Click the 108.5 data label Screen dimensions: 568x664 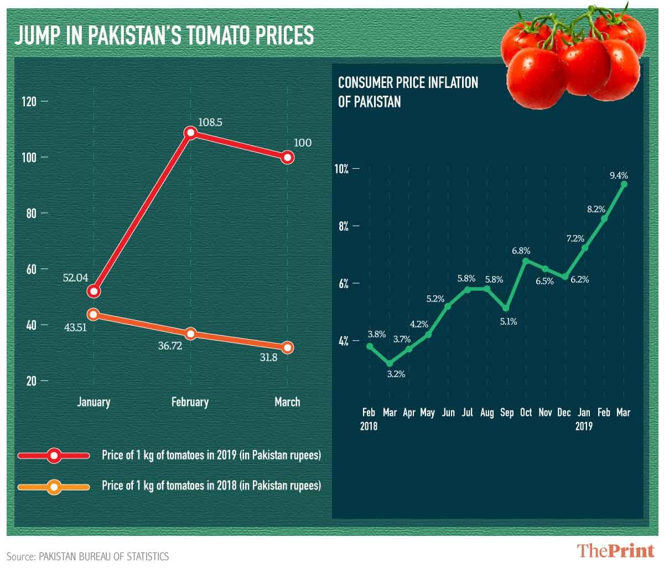210,122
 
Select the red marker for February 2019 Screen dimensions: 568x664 191,133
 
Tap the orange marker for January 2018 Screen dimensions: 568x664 94,314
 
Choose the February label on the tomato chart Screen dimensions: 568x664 190,402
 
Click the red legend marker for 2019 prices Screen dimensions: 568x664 54,456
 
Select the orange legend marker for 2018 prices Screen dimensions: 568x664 54,487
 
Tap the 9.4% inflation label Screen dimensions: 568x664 619,175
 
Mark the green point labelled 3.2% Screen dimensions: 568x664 390,363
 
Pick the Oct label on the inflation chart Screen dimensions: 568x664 526,413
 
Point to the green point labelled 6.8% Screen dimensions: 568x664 526,260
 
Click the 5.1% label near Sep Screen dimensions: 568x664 507,321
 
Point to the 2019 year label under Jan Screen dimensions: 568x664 584,426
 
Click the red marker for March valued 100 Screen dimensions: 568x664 287,158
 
